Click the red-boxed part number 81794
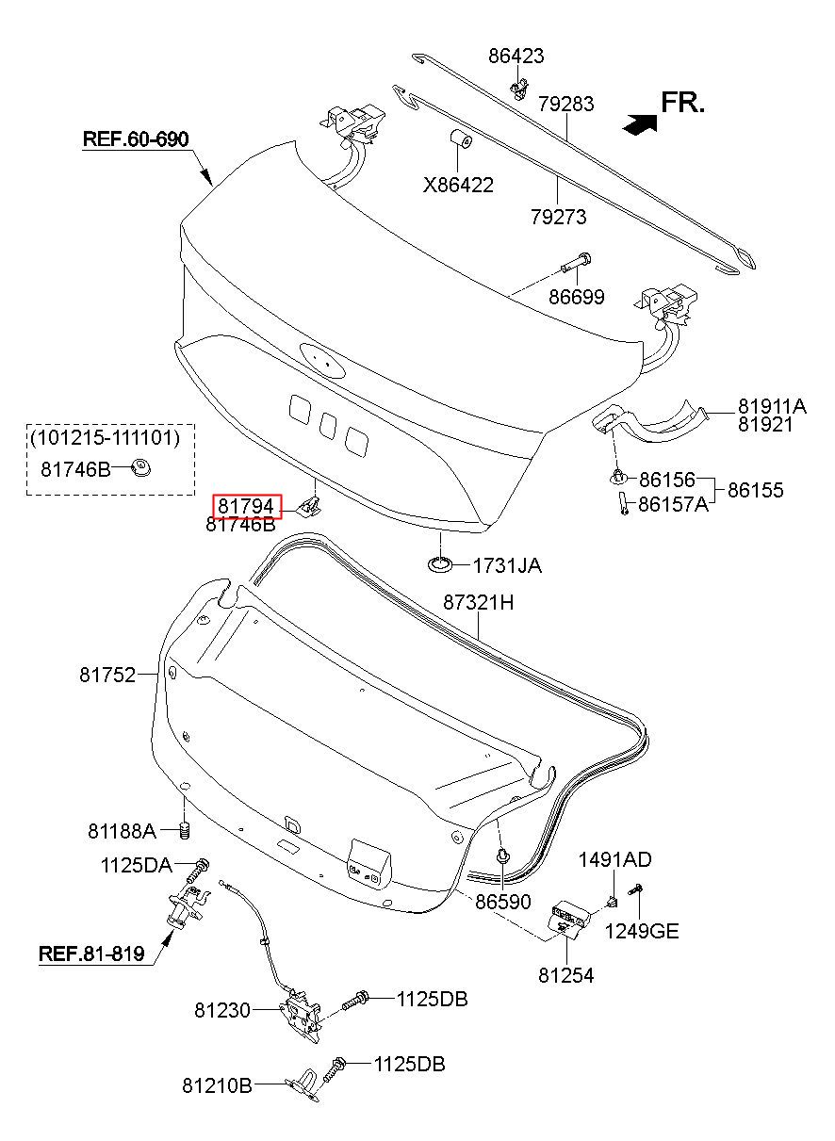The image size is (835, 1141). pyautogui.click(x=246, y=506)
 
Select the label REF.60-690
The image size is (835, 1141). pyautogui.click(x=136, y=139)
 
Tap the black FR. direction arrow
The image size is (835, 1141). pyautogui.click(x=639, y=123)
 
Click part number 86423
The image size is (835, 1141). pyautogui.click(x=516, y=56)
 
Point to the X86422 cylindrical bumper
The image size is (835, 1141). pyautogui.click(x=460, y=139)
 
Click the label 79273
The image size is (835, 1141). pyautogui.click(x=558, y=217)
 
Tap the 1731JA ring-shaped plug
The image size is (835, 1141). pyautogui.click(x=440, y=565)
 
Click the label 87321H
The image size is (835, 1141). pyautogui.click(x=478, y=603)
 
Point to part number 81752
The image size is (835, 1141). pyautogui.click(x=107, y=675)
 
